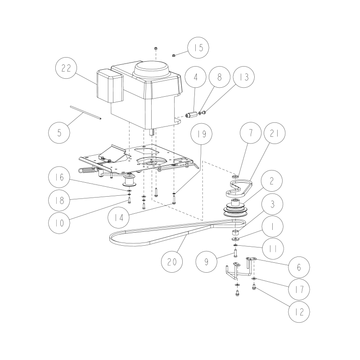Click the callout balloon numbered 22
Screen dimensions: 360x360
[x=66, y=68]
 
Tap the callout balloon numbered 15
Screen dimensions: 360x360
[x=198, y=48]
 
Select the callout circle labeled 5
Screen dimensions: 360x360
[x=59, y=133]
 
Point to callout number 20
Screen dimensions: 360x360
[x=172, y=261]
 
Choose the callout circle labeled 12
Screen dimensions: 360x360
[x=299, y=311]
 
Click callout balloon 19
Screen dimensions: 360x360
[x=202, y=134]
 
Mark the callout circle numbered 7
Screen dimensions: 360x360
[x=251, y=133]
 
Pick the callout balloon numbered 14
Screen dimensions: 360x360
[x=119, y=217]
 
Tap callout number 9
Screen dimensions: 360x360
[x=207, y=261]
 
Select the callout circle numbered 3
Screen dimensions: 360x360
[x=273, y=204]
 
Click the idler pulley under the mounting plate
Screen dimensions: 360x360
[x=130, y=181]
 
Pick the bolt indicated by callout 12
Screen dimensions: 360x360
[x=254, y=287]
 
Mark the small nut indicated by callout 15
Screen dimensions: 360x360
[x=174, y=55]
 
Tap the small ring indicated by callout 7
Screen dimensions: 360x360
[x=235, y=176]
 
